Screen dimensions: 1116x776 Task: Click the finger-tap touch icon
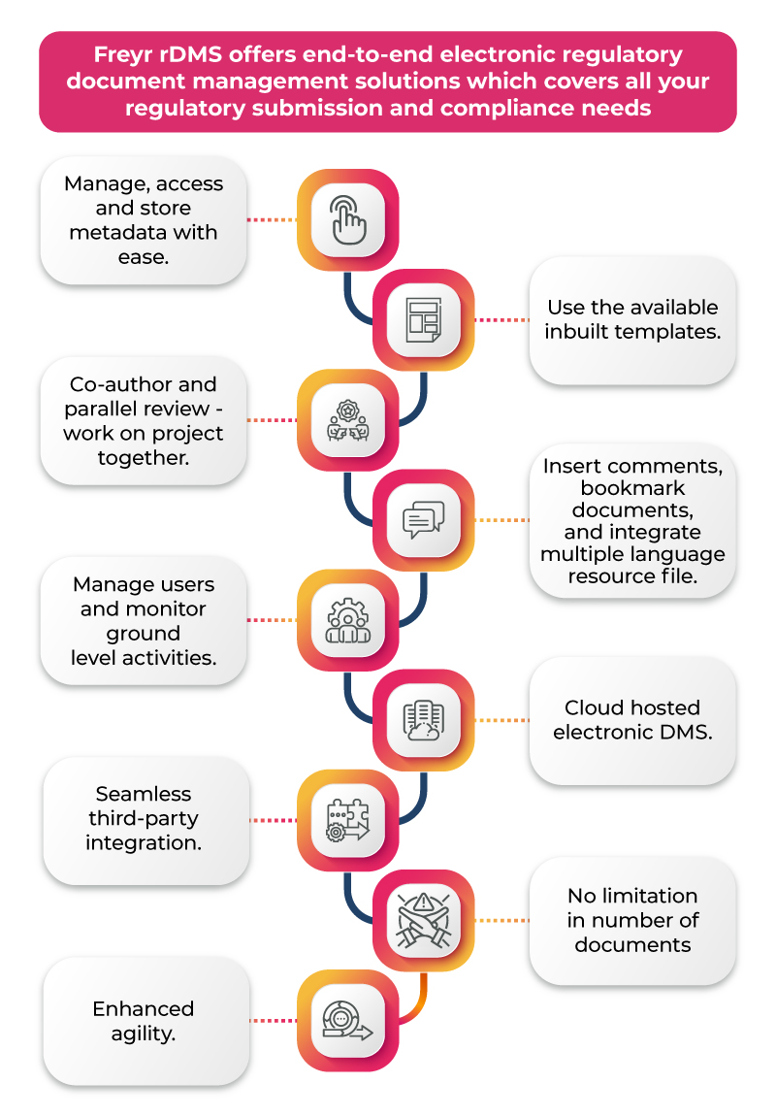[347, 219]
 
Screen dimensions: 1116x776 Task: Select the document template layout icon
[423, 319]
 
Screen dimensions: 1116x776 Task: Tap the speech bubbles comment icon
[423, 520]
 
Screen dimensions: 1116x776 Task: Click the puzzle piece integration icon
[347, 821]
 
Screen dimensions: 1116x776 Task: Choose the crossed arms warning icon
[423, 921]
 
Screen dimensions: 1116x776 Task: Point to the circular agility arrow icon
[347, 1021]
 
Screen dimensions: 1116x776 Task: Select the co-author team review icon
[347, 420]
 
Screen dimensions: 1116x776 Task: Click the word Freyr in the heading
[123, 55]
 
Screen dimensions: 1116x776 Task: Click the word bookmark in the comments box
[628, 487]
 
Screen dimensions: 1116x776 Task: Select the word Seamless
[144, 794]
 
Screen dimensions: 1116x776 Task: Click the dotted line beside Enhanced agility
[273, 1021]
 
